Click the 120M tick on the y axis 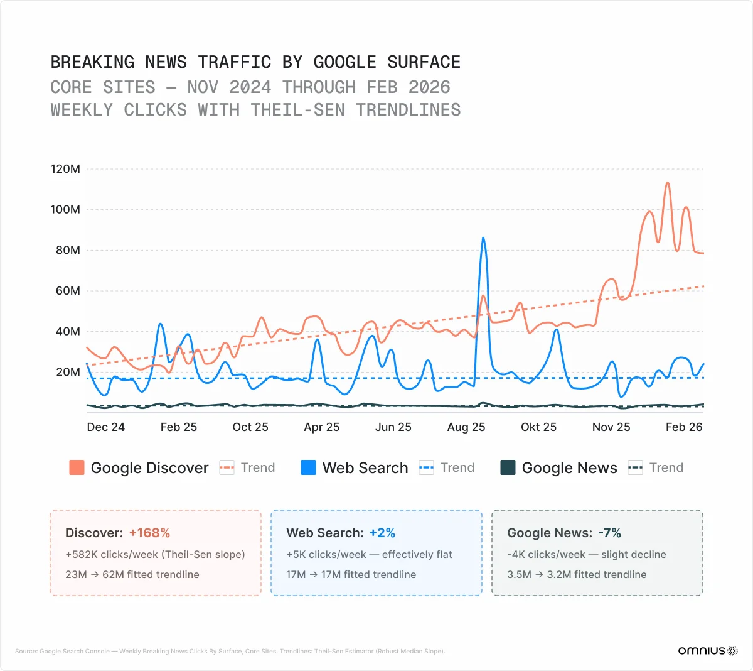(65, 169)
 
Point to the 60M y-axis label (68, 291)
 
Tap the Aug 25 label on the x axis (466, 427)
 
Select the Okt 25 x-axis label (538, 427)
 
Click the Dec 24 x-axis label (105, 427)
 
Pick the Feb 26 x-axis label (683, 427)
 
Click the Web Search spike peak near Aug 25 (483, 238)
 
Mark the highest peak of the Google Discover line (667, 183)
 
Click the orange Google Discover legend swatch (77, 467)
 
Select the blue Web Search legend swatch (308, 467)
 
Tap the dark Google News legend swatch (508, 467)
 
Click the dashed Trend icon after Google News (635, 467)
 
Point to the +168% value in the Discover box (149, 533)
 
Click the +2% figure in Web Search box (382, 533)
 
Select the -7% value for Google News (609, 533)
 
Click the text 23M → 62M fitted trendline (132, 574)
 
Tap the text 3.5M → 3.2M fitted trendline (576, 574)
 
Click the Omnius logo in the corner (707, 651)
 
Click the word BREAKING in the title (92, 62)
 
